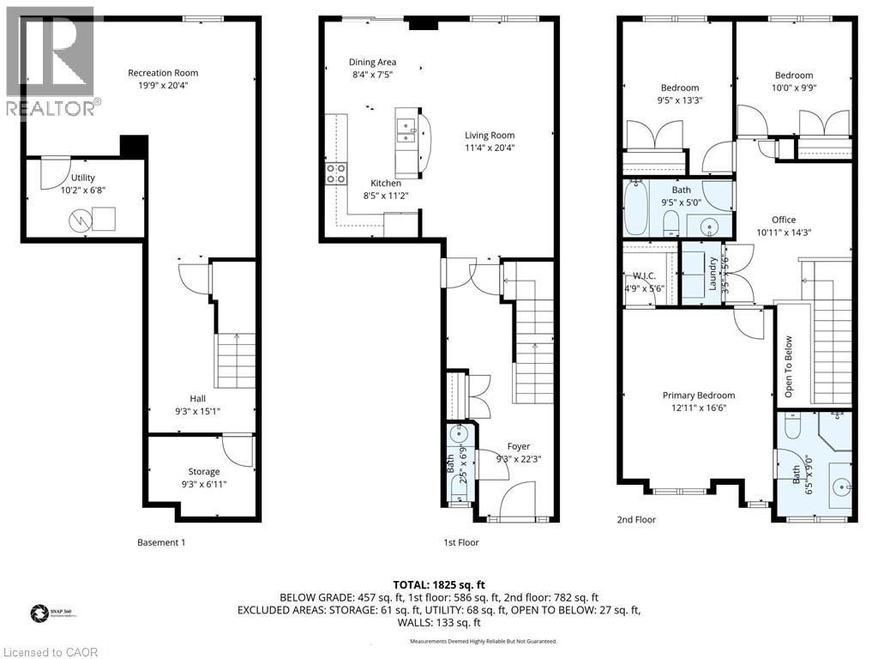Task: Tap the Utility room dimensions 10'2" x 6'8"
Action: click(x=83, y=190)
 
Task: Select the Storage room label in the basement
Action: click(x=204, y=471)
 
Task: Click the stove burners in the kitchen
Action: click(x=335, y=174)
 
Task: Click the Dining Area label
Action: click(x=372, y=62)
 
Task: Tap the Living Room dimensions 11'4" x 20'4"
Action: click(x=490, y=147)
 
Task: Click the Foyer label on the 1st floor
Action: click(x=518, y=446)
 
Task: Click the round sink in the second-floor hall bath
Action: click(x=710, y=227)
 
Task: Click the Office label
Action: click(x=783, y=220)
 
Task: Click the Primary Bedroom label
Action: click(x=698, y=396)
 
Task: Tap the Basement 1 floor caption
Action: click(x=161, y=542)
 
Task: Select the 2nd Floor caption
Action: click(x=636, y=519)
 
